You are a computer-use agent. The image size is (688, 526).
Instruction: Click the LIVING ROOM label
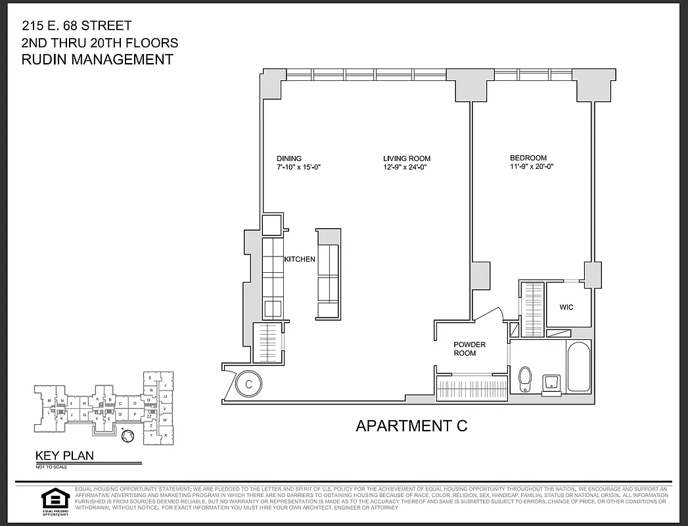click(x=407, y=158)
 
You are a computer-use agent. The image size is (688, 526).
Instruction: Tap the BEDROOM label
click(x=528, y=158)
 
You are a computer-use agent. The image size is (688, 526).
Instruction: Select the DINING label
click(x=289, y=158)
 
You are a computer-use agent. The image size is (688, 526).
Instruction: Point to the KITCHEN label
click(x=300, y=260)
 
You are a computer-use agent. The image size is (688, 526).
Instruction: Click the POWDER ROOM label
click(x=469, y=349)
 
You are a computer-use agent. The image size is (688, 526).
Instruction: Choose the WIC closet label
click(x=566, y=307)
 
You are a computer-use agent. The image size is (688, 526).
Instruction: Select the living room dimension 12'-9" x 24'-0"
click(x=407, y=168)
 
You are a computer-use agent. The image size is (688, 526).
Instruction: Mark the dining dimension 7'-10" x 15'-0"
click(x=298, y=168)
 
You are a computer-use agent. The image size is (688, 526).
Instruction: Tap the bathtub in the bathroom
click(x=578, y=368)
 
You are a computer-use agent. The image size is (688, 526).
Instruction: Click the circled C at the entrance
click(x=249, y=383)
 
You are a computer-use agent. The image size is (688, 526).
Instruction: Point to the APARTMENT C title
click(x=411, y=425)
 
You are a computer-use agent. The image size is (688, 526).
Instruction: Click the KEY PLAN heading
click(x=64, y=455)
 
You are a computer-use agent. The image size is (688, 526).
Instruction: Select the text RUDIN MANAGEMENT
click(x=97, y=60)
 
